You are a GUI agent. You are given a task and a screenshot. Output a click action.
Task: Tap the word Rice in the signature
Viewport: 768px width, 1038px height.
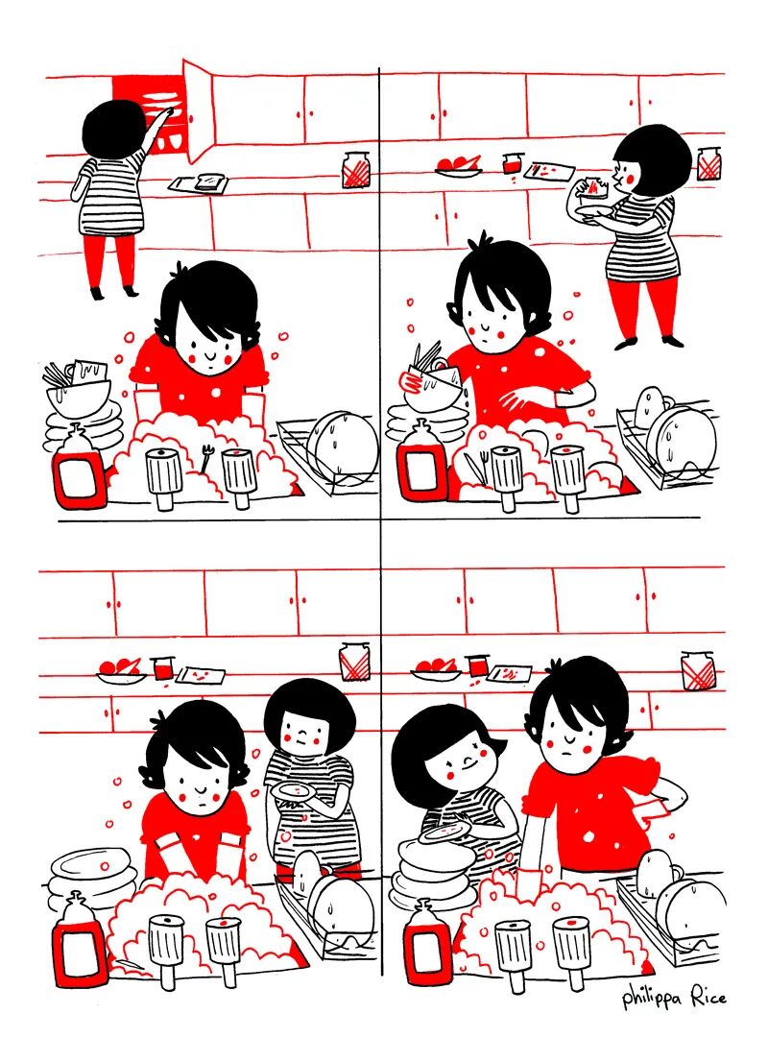click(709, 997)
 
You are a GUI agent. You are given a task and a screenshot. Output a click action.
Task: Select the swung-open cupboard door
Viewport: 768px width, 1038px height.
click(198, 109)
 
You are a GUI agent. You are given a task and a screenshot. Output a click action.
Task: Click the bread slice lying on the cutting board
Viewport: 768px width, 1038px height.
click(211, 181)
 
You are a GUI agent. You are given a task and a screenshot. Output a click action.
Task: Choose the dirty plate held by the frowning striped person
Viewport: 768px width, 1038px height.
click(293, 791)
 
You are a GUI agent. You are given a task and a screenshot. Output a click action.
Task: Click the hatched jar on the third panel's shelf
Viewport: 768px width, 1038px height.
click(355, 661)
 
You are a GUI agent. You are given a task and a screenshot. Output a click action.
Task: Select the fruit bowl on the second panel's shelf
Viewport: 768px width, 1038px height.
click(458, 165)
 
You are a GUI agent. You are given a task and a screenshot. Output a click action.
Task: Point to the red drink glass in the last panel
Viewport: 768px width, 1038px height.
click(478, 664)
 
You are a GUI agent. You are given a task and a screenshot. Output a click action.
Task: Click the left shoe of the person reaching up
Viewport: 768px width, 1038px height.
click(97, 293)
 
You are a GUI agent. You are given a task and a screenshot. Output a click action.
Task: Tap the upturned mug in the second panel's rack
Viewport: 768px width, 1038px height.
click(651, 406)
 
